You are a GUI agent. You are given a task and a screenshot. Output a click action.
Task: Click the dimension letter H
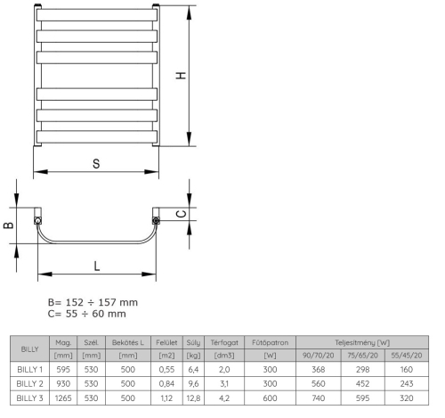(x=182, y=76)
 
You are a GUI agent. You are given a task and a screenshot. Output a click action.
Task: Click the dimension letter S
(x=95, y=163)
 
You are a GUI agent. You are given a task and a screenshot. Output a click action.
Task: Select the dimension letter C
(x=181, y=213)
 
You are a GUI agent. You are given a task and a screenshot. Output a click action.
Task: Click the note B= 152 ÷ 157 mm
(x=93, y=302)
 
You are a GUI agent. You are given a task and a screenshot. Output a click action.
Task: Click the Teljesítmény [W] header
(x=361, y=341)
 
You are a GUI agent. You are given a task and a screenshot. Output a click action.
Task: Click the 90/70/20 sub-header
(x=319, y=355)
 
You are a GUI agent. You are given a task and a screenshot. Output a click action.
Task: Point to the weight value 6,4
(x=193, y=370)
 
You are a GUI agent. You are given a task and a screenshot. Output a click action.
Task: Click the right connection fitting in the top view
(x=157, y=219)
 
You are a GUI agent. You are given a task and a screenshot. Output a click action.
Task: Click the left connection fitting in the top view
(x=37, y=219)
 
